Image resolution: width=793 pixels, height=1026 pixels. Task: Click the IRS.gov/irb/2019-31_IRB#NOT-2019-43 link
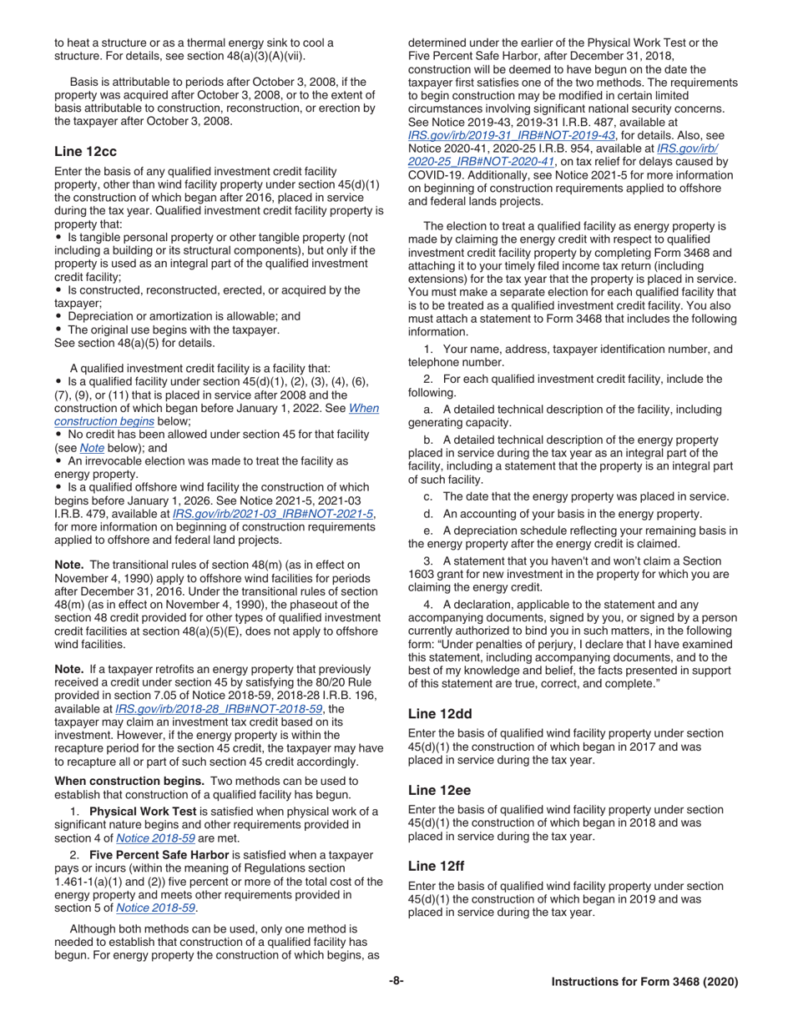point(512,135)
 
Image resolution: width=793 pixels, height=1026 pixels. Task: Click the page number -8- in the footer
point(396,982)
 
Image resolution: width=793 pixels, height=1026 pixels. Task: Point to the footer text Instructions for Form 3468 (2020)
point(644,983)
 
